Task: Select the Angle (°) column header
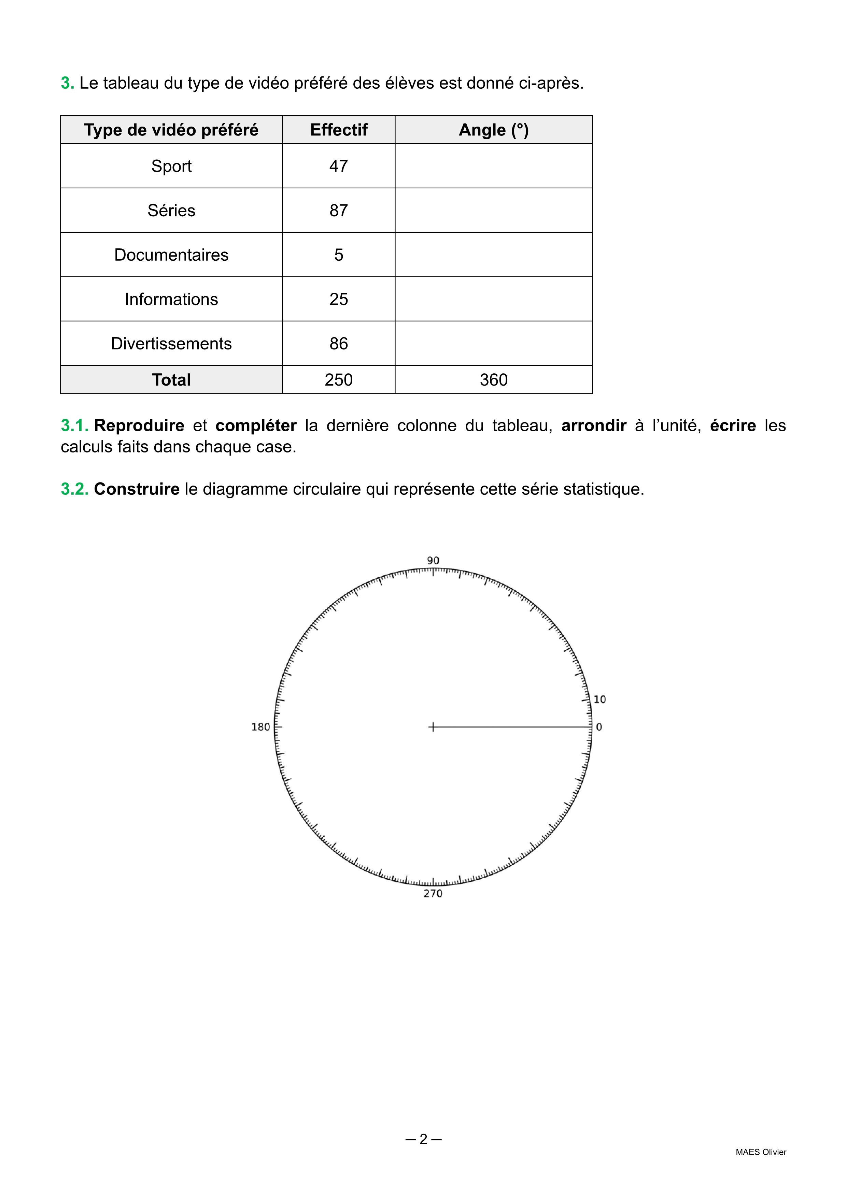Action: [493, 130]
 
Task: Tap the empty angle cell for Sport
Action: [493, 166]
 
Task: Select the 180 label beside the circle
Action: [261, 727]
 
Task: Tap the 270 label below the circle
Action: [433, 894]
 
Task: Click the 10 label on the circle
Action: [600, 700]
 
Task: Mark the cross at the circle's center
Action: [432, 727]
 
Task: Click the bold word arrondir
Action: [594, 426]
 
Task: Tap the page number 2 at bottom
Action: [423, 1139]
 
